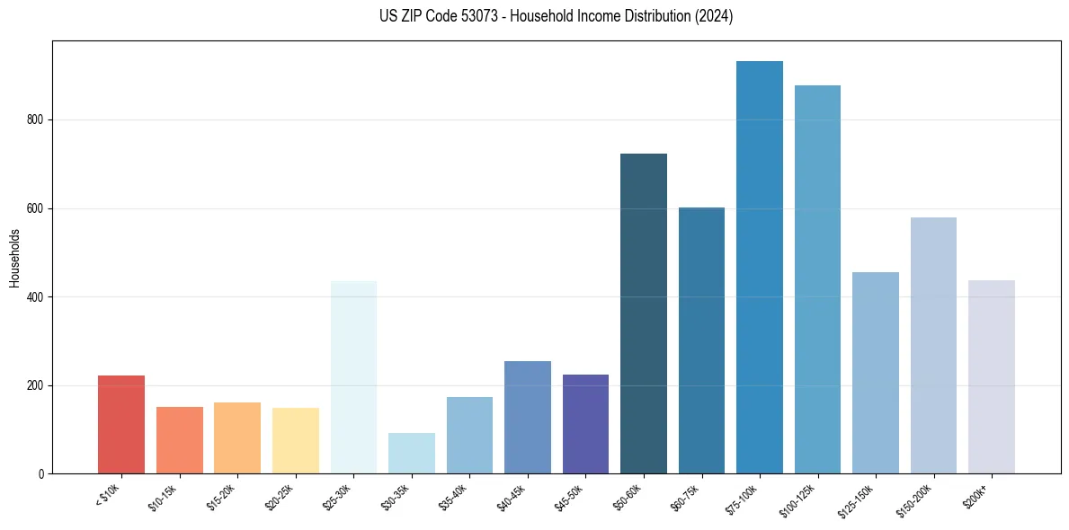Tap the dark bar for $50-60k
[644, 314]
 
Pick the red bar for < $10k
[121, 425]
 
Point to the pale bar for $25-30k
[353, 377]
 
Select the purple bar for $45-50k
[585, 424]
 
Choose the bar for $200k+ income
[992, 377]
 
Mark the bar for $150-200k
[933, 346]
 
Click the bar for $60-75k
[701, 340]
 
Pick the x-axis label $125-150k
[856, 498]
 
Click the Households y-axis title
[14, 258]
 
